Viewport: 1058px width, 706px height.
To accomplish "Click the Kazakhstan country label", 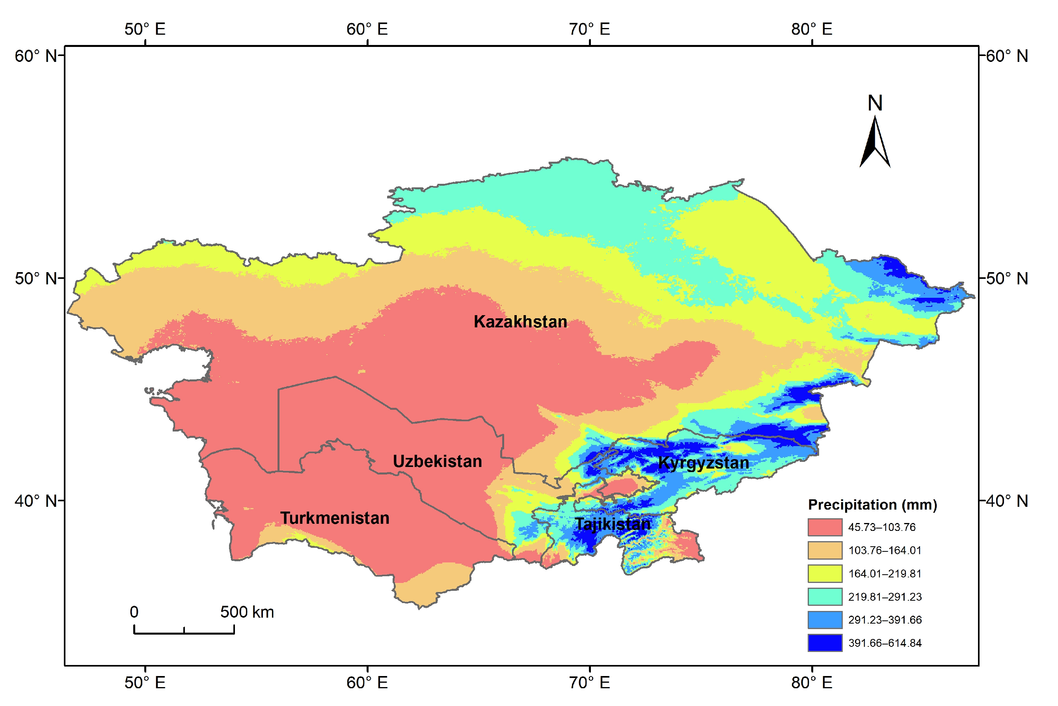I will (520, 321).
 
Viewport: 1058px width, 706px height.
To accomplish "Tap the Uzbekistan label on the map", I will (437, 461).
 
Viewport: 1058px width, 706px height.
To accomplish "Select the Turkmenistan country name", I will (335, 518).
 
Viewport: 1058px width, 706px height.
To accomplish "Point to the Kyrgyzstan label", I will (703, 463).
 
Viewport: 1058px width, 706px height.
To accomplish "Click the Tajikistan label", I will (613, 524).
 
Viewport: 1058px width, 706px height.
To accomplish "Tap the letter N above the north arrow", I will (875, 103).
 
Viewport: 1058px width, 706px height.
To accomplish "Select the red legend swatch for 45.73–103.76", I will (824, 527).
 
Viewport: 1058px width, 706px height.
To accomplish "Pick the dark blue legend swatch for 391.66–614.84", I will (824, 643).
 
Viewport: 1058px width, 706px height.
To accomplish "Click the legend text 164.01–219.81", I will (884, 573).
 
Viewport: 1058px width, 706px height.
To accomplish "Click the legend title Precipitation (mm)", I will (872, 505).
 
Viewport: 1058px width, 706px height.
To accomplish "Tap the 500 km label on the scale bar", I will (247, 612).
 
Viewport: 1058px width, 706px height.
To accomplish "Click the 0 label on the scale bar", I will (134, 612).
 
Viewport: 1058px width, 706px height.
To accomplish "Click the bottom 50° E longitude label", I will (145, 683).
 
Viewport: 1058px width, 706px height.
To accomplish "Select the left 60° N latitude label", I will (36, 56).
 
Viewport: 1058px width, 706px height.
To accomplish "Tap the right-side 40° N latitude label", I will (1007, 501).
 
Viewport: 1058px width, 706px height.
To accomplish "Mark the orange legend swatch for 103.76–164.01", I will (824, 550).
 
